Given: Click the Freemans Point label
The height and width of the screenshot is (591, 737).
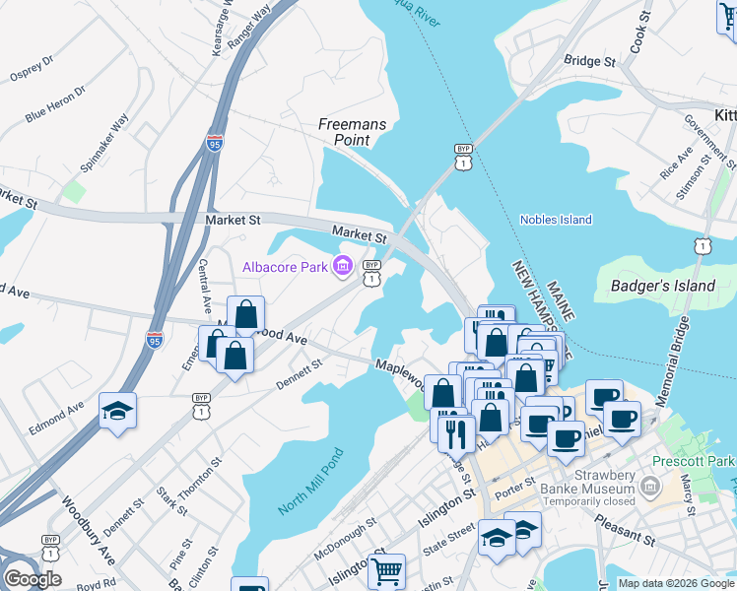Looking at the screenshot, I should click(x=345, y=132).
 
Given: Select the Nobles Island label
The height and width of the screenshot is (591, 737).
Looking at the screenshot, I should click(x=556, y=220).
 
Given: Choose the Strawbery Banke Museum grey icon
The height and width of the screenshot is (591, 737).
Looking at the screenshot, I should click(x=649, y=487).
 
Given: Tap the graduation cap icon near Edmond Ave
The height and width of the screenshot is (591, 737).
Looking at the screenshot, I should click(x=117, y=411).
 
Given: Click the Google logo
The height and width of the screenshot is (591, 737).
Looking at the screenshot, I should click(x=33, y=578).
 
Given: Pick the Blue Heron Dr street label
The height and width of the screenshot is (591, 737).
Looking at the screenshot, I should click(x=55, y=103).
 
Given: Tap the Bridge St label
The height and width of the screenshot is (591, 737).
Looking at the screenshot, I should click(x=589, y=61).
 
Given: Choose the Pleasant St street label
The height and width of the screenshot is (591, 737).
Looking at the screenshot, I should click(x=624, y=538).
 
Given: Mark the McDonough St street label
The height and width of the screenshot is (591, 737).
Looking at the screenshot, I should click(x=344, y=539).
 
